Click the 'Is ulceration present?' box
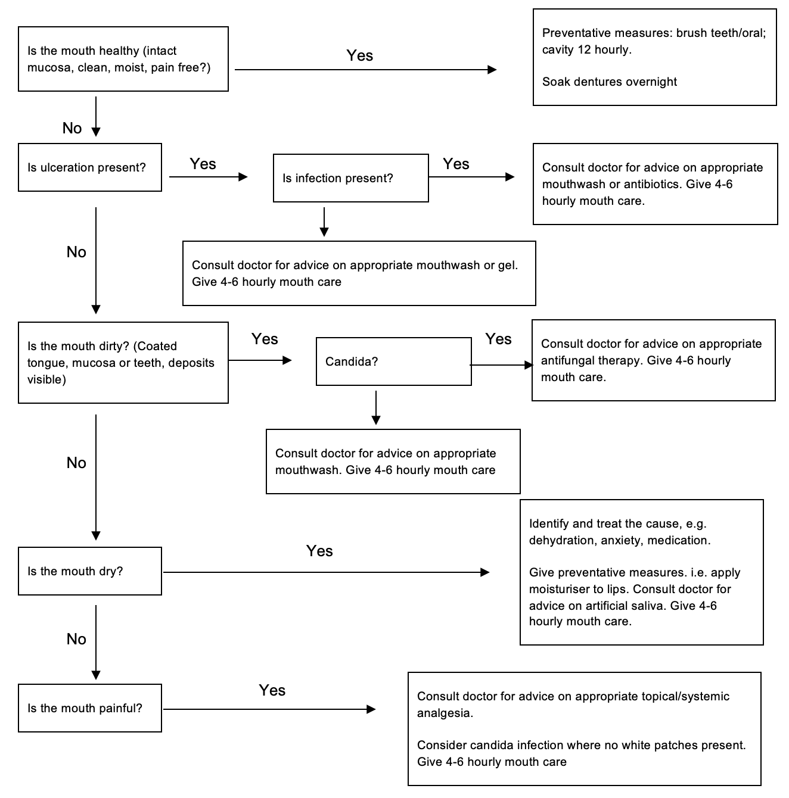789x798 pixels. click(x=89, y=167)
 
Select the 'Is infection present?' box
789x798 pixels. click(x=350, y=178)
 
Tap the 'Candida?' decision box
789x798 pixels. click(x=393, y=361)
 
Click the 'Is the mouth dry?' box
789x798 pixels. click(x=89, y=571)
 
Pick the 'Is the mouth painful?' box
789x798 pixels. click(x=89, y=708)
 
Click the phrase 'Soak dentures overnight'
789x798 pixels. click(x=609, y=82)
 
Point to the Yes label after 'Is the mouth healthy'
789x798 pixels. click(x=359, y=55)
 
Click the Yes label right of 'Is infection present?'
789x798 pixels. click(x=456, y=164)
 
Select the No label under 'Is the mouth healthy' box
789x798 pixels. click(x=72, y=128)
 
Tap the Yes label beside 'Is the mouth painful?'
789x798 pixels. click(x=272, y=690)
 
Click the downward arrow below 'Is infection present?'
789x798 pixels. click(x=324, y=222)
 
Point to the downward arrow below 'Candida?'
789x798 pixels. click(x=375, y=408)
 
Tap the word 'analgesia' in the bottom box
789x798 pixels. click(x=444, y=713)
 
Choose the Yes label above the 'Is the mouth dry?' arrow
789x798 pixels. click(x=319, y=551)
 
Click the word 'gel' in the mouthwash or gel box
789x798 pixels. click(x=507, y=265)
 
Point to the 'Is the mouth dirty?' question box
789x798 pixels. click(x=123, y=363)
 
